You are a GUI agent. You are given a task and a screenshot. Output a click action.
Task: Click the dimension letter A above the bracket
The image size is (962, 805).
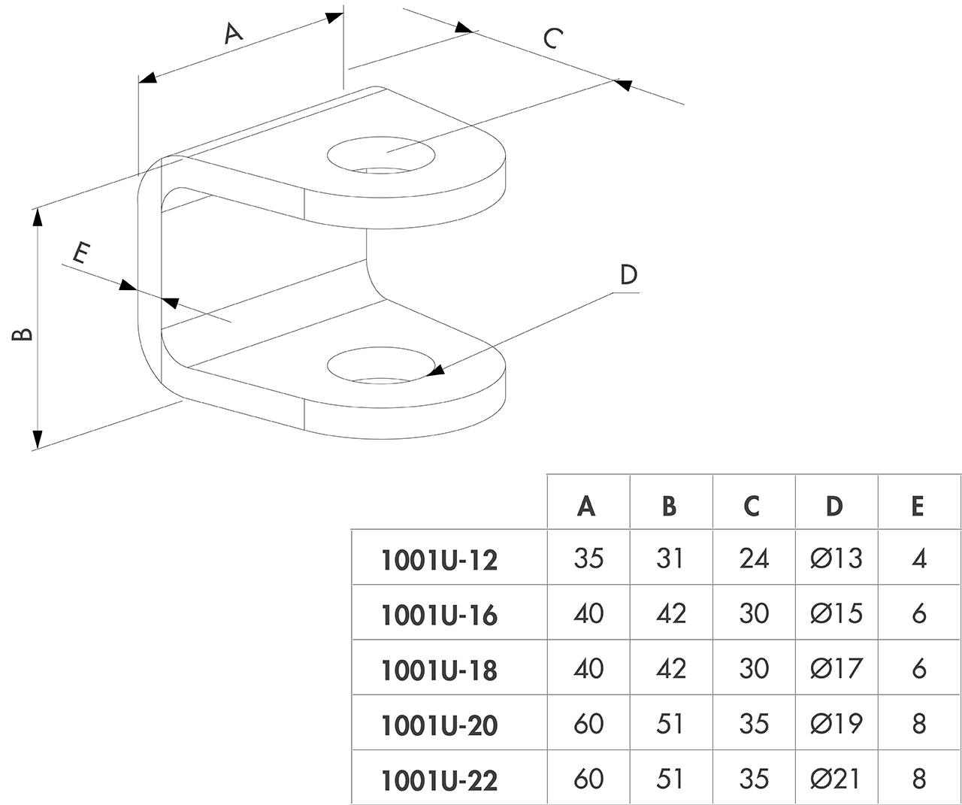click(234, 34)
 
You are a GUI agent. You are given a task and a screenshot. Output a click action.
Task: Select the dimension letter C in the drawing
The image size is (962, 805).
click(553, 38)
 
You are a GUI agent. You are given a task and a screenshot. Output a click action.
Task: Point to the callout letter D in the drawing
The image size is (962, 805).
click(628, 274)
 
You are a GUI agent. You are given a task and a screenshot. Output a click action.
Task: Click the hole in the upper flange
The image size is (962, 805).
click(381, 156)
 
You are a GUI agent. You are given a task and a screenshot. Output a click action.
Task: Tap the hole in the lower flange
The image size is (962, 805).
click(380, 365)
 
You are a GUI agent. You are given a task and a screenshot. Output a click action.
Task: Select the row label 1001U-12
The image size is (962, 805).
click(440, 561)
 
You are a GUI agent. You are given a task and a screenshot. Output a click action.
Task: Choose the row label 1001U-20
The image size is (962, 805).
click(440, 726)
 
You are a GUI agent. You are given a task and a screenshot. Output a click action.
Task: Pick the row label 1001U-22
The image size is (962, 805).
click(440, 781)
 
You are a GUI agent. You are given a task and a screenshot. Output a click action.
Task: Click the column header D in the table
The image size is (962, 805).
click(834, 506)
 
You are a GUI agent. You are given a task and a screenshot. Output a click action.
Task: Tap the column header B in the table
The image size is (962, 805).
click(669, 506)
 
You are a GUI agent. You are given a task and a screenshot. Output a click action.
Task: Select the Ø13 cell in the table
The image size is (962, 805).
click(836, 558)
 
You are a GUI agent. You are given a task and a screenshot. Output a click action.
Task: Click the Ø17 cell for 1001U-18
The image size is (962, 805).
click(836, 669)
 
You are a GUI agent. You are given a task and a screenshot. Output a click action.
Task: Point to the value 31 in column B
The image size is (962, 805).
click(670, 558)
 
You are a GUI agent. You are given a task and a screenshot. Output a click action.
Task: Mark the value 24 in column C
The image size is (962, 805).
click(754, 558)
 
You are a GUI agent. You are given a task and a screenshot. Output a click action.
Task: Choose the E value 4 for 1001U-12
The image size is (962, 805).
click(918, 559)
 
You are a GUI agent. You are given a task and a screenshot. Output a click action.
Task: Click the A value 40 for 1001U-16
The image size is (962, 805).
click(588, 613)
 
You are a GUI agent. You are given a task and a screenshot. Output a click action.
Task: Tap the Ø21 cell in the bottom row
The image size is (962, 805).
click(835, 779)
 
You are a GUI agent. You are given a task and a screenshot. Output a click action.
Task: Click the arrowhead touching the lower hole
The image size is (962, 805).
click(434, 371)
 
